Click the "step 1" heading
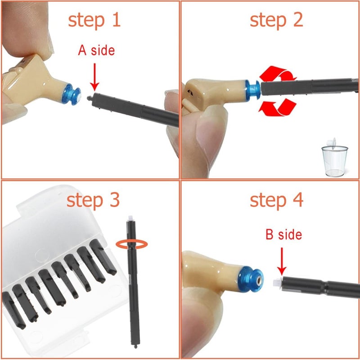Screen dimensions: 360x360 (x=94, y=20)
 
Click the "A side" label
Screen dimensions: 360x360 (x=96, y=50)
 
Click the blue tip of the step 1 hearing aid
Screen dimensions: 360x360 (x=72, y=92)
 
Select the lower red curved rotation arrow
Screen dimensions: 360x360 (x=279, y=107)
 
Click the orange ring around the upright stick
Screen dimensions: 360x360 (x=131, y=243)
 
